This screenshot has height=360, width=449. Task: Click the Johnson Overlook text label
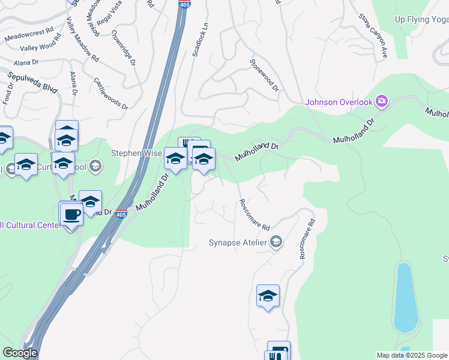(339, 102)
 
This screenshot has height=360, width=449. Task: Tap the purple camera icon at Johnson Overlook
(382, 101)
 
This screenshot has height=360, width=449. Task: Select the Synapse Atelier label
(237, 243)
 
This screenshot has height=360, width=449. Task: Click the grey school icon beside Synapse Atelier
(276, 242)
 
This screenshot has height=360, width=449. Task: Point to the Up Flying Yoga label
(421, 19)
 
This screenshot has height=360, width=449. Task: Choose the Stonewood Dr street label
(265, 75)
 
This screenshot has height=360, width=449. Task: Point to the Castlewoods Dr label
(111, 93)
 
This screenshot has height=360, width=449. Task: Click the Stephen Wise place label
(136, 153)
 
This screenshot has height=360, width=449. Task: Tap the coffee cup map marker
(71, 214)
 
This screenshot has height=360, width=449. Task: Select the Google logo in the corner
(20, 353)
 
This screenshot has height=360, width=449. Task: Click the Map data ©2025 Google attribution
(412, 355)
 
